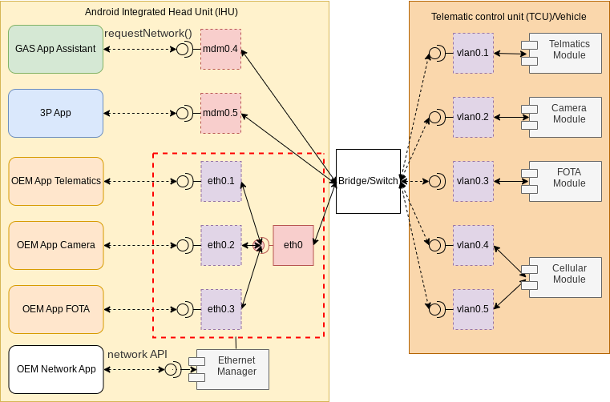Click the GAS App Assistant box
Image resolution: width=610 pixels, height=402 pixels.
[55, 49]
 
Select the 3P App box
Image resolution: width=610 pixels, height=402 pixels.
[55, 113]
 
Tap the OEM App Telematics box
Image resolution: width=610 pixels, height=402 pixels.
[56, 181]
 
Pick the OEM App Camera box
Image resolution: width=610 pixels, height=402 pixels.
[56, 245]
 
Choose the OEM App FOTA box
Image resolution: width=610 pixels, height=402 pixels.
[56, 309]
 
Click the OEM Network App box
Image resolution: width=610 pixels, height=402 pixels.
[56, 369]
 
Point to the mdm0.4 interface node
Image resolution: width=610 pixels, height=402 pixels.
[220, 49]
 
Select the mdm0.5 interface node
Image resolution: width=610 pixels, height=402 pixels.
[220, 113]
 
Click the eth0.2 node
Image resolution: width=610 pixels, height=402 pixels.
[220, 245]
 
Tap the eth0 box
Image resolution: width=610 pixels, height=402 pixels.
[293, 245]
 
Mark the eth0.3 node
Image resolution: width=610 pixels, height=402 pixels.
[220, 309]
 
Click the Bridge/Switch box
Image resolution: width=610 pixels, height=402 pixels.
[368, 181]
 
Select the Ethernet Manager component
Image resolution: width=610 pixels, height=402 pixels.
[232, 369]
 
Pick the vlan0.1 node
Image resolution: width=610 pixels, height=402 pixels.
[472, 53]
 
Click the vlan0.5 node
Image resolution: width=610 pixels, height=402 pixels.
[472, 309]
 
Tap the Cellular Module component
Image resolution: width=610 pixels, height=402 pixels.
[565, 277]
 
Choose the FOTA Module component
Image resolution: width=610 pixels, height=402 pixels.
[565, 181]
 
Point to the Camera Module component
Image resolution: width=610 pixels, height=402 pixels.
[565, 117]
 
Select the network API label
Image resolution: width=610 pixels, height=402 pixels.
[139, 353]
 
